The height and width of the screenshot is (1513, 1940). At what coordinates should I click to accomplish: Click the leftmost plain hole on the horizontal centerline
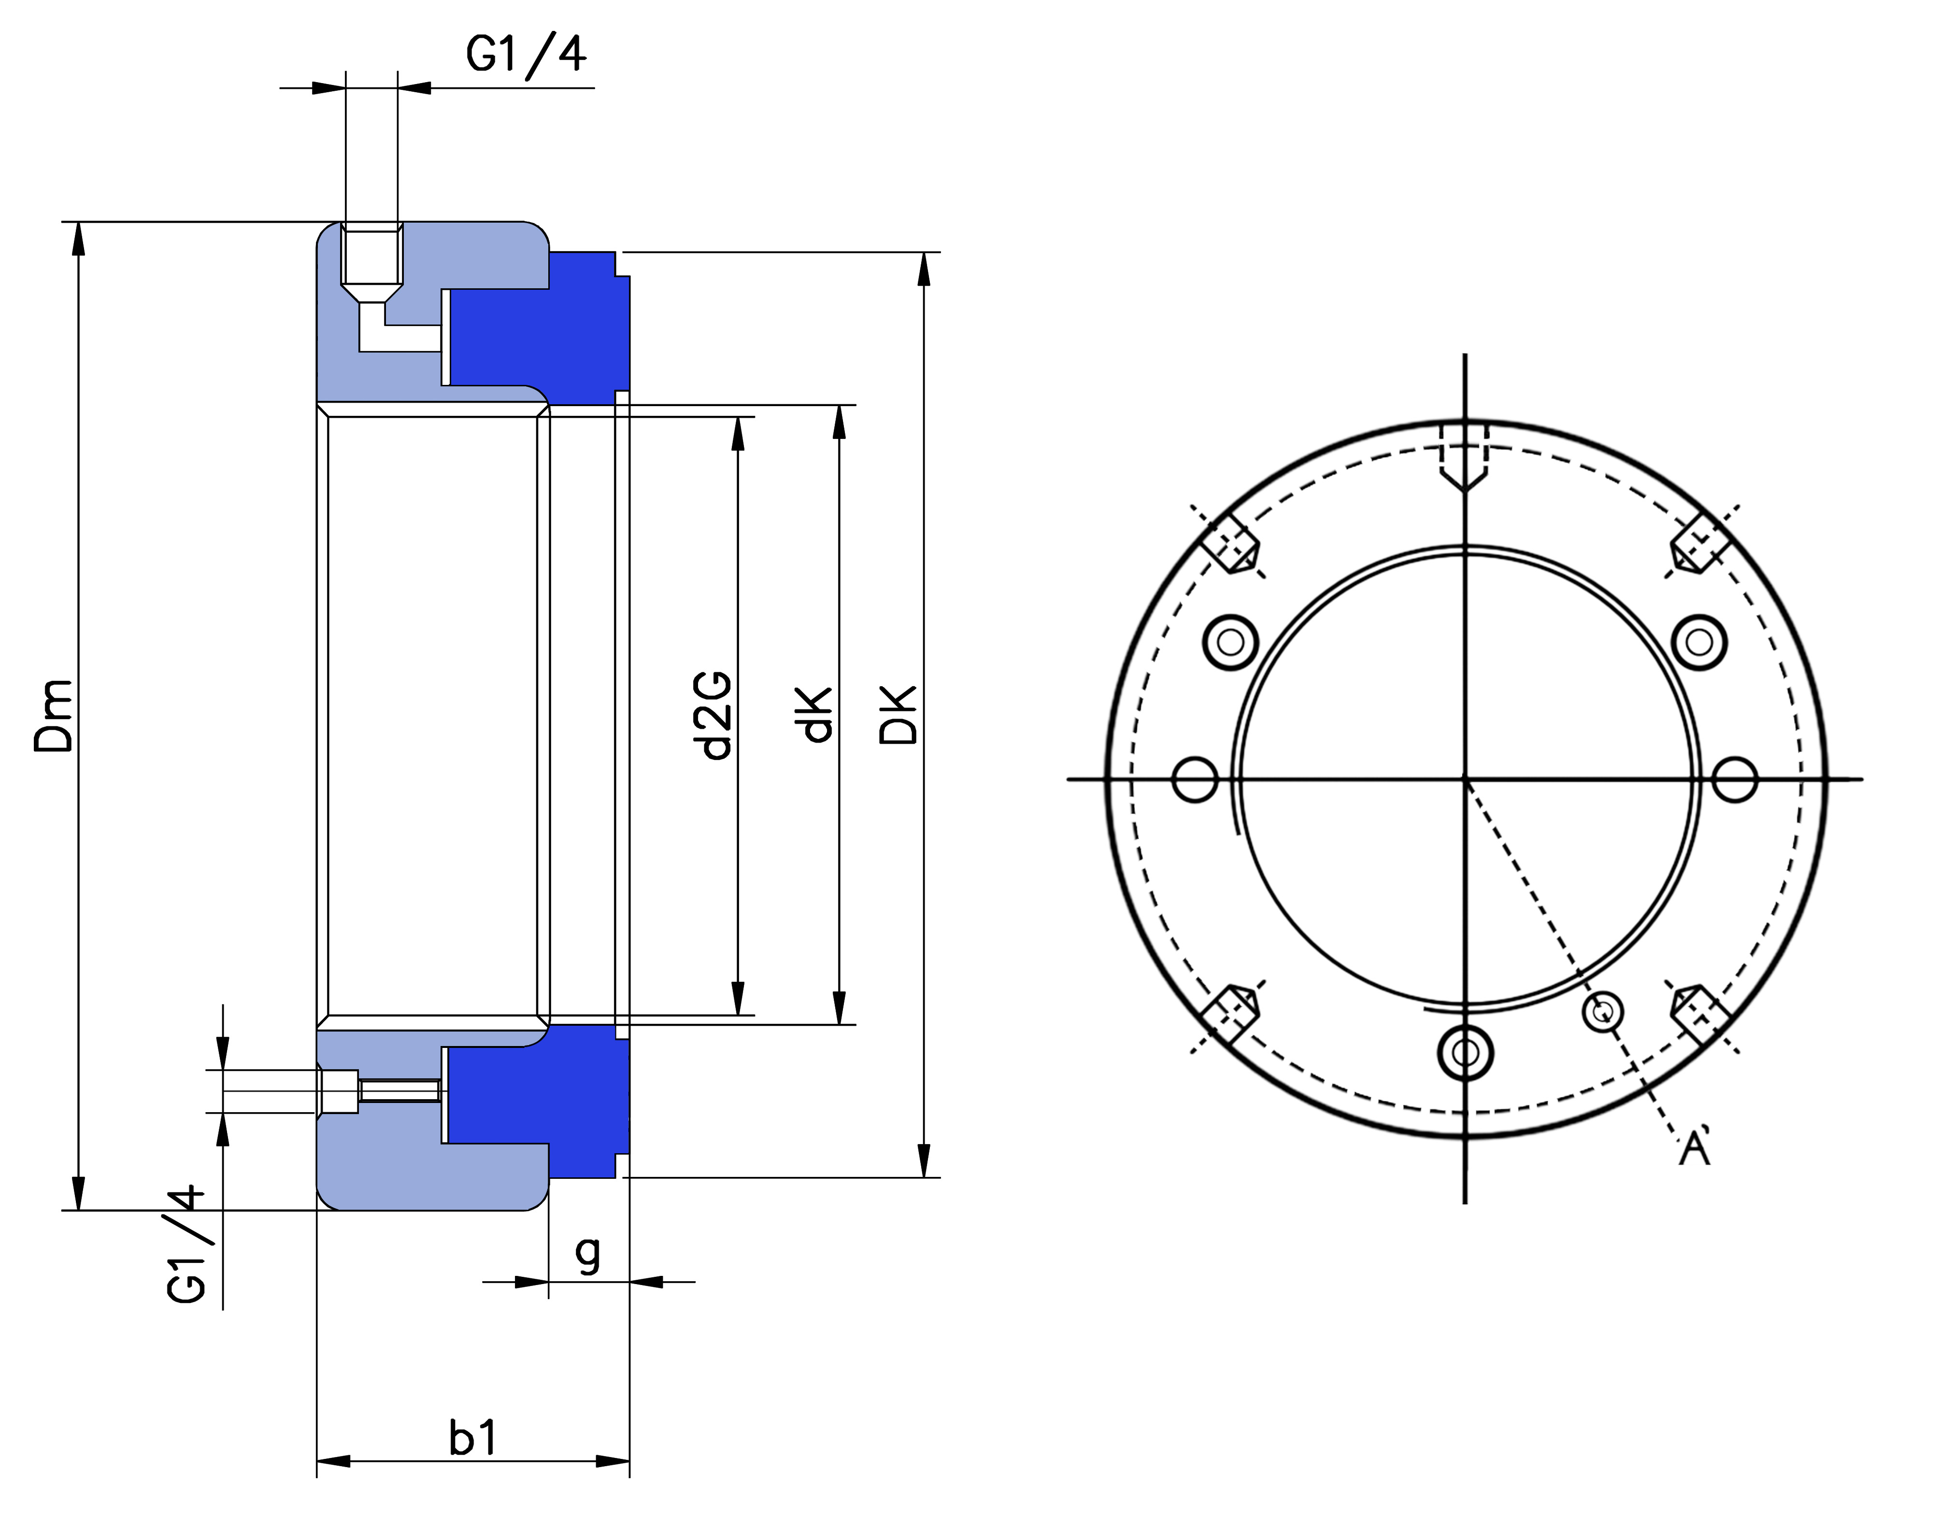click(1195, 779)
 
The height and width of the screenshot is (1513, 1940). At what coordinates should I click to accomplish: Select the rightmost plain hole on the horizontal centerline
click(1734, 779)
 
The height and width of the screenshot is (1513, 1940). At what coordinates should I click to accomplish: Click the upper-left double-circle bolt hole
click(1230, 641)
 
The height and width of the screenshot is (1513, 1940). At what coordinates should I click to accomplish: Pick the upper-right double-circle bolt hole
click(1699, 641)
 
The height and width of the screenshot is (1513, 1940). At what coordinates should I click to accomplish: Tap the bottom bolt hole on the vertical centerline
click(1465, 1054)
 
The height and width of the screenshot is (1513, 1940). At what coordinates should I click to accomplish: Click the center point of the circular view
click(1465, 779)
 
